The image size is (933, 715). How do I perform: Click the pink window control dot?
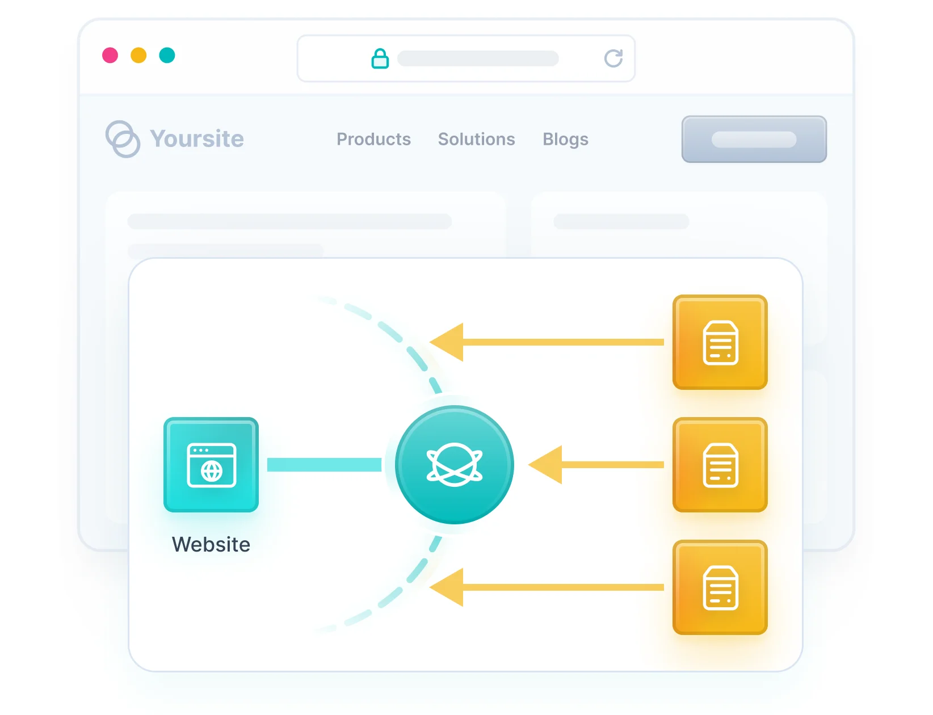tap(110, 56)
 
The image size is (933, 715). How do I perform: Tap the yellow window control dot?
tap(138, 56)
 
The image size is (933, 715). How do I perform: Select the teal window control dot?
tap(167, 56)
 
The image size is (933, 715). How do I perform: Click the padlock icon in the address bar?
tap(380, 58)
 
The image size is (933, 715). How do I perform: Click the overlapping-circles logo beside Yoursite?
tap(123, 139)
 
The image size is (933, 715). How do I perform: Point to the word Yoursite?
tap(197, 138)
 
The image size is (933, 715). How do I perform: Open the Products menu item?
tap(373, 139)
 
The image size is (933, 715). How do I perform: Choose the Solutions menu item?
tap(476, 139)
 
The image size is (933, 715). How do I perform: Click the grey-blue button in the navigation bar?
tap(754, 139)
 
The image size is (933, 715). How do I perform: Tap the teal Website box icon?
tap(211, 465)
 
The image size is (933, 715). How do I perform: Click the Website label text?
tap(211, 544)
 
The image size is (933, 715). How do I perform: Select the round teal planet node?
tap(454, 465)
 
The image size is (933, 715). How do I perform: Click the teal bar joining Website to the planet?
tap(324, 465)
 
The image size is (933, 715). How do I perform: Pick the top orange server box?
tap(720, 342)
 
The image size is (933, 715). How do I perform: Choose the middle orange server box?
tap(720, 465)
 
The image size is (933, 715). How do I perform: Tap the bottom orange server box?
tap(720, 587)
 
